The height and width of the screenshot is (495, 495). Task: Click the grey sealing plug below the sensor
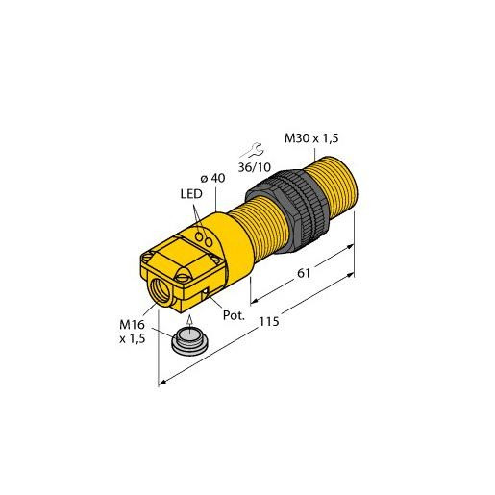(191, 342)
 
